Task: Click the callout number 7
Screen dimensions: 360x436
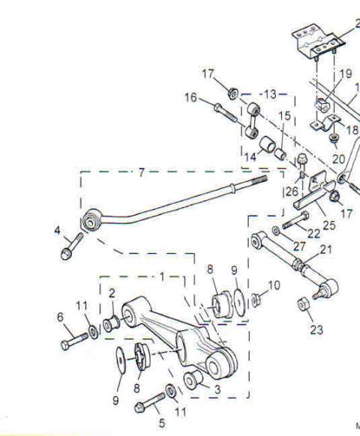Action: (142, 172)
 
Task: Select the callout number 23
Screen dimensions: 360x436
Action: (316, 330)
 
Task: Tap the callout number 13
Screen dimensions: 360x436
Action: (270, 94)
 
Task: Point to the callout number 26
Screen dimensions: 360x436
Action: (292, 192)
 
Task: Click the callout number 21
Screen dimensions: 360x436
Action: (326, 249)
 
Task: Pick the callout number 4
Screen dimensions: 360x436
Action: (57, 230)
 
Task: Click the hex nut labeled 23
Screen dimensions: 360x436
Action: (304, 305)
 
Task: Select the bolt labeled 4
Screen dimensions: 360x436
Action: (72, 246)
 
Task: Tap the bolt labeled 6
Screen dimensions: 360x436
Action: (74, 341)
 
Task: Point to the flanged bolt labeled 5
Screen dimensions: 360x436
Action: (149, 403)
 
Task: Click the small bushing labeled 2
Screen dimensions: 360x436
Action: (111, 324)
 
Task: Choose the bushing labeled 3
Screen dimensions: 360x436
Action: (193, 380)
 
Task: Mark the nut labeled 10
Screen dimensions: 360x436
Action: (256, 300)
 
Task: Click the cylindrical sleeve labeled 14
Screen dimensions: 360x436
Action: (268, 144)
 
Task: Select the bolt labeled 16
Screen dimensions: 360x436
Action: (226, 112)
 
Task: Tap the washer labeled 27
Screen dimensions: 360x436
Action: (275, 231)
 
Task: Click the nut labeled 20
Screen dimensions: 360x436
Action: (334, 138)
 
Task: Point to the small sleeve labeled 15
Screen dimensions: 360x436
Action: (280, 154)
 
